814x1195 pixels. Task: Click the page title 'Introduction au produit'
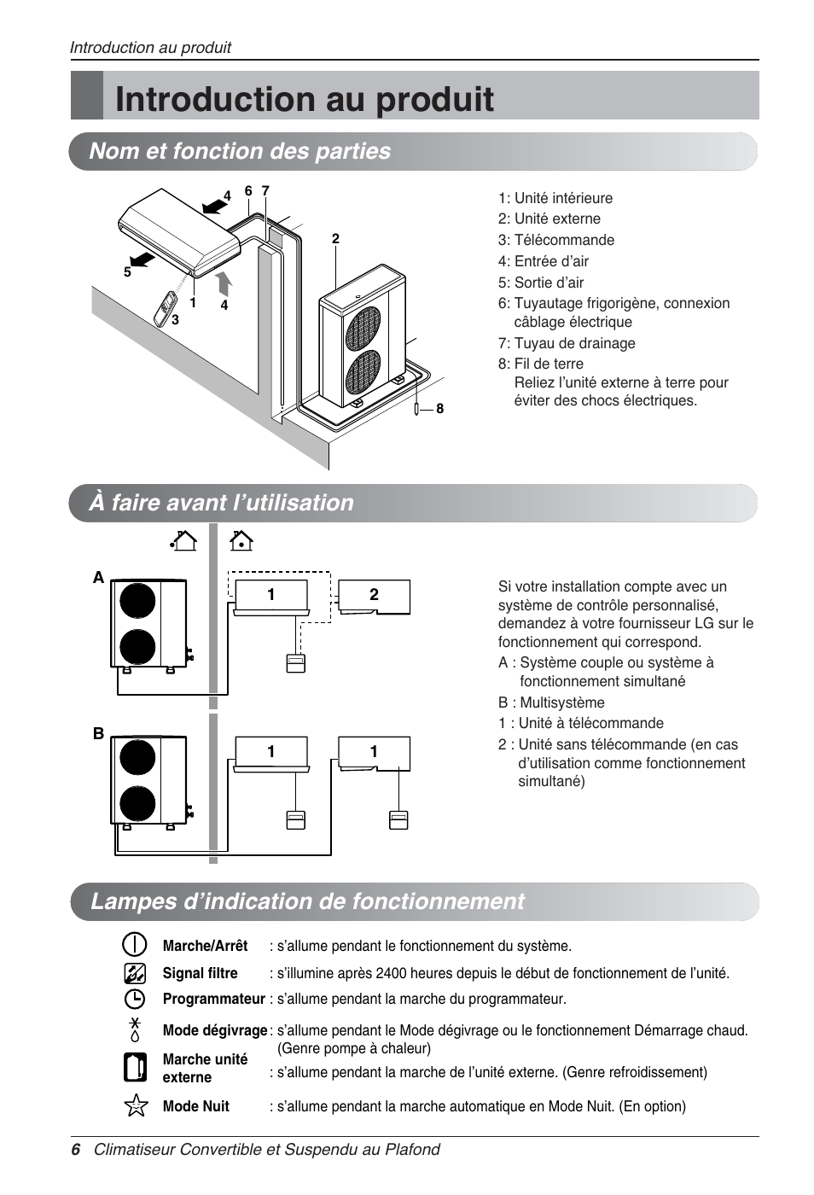click(x=304, y=100)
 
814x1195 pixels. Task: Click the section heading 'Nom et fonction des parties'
click(x=240, y=151)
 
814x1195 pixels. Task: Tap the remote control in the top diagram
click(x=165, y=309)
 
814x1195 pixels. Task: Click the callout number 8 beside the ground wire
click(x=440, y=409)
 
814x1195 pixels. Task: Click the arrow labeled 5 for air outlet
click(x=142, y=258)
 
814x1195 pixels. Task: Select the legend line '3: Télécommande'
click(x=555, y=240)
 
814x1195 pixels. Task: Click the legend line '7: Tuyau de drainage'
click(x=567, y=343)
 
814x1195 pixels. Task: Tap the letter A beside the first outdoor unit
click(x=98, y=578)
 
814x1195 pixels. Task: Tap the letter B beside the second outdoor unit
click(x=98, y=733)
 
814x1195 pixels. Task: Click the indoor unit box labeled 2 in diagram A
click(x=374, y=596)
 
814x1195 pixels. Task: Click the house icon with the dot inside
click(x=241, y=540)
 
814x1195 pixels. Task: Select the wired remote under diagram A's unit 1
click(x=295, y=663)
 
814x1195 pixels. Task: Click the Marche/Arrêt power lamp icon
click(x=135, y=945)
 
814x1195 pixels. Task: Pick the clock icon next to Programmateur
click(x=135, y=999)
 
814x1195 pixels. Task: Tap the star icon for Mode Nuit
click(x=136, y=1105)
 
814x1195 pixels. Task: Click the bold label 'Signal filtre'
click(x=200, y=973)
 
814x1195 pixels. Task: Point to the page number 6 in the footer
click(x=76, y=1150)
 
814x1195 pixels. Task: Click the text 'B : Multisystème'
click(x=551, y=702)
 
